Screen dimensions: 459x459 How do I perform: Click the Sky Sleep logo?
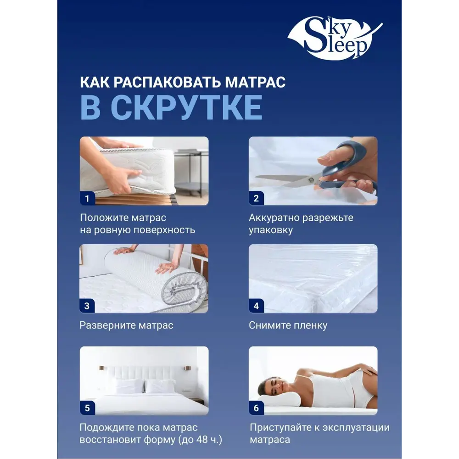(x=335, y=38)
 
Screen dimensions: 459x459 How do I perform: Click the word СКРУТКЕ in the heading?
(x=186, y=108)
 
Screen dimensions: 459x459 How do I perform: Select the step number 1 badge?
(x=87, y=198)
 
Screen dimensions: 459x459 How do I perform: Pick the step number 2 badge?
(x=256, y=198)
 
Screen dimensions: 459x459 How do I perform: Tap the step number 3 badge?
(x=87, y=306)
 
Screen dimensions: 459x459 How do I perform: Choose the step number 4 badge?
(x=256, y=306)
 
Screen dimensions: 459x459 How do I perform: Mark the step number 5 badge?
(x=87, y=408)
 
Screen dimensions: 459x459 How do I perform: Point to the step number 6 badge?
(x=256, y=408)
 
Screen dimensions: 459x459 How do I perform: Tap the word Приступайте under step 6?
(x=281, y=428)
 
